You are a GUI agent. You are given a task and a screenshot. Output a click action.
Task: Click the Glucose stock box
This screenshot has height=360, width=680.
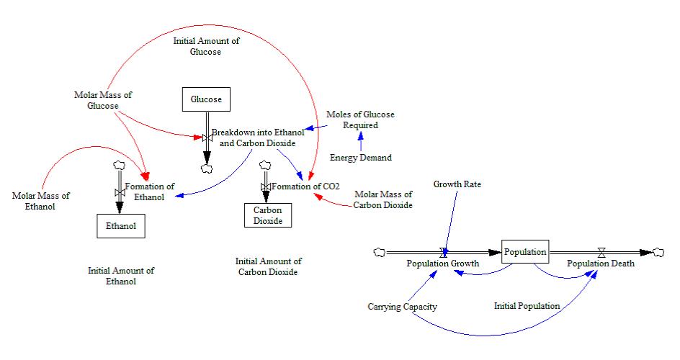[x=206, y=99]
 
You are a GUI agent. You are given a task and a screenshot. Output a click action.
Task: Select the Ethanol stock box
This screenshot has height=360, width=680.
[x=121, y=225]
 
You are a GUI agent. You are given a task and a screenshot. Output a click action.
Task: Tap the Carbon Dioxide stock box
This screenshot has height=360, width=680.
[x=267, y=215]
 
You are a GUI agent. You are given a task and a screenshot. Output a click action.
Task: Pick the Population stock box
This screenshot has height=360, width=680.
[x=525, y=252]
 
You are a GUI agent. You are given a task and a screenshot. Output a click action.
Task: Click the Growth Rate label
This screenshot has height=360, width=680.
[x=457, y=184]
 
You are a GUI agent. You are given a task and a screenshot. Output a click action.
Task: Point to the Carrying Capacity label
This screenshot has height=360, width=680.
[x=401, y=306]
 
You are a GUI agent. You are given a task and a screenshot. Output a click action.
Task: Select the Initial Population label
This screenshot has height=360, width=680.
[x=527, y=306]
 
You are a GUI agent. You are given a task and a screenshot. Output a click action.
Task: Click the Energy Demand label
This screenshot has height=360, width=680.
[x=361, y=158]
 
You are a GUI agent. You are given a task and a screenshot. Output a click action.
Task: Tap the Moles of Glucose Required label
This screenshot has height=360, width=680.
[x=360, y=120]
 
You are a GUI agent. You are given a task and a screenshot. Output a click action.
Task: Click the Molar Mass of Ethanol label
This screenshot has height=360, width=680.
[x=34, y=201]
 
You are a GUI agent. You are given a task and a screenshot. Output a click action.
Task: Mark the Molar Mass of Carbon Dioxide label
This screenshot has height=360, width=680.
[x=382, y=199]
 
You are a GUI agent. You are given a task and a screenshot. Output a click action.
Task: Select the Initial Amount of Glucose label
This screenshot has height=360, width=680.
[x=206, y=46]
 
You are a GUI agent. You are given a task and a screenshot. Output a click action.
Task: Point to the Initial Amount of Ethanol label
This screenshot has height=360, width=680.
[x=121, y=276]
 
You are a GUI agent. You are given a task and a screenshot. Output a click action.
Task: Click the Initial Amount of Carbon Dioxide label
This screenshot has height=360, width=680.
[x=268, y=266]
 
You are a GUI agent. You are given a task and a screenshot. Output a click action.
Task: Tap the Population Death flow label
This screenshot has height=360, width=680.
[x=601, y=264]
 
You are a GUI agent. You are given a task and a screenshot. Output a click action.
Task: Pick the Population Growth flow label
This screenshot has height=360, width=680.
[x=443, y=264]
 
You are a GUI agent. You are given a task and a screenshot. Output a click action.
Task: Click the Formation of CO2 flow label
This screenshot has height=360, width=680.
[x=306, y=186]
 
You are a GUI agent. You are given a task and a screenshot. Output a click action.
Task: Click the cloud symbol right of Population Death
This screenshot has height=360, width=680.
[x=658, y=252]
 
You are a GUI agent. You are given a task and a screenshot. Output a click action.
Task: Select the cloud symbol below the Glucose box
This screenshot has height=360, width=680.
[x=207, y=168]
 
